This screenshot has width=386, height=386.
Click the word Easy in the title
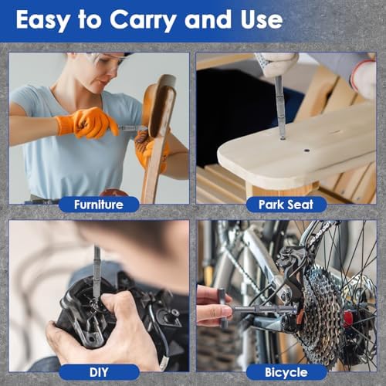tap(43, 21)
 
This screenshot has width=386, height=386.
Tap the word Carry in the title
tap(144, 21)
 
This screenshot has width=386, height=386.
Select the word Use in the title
tap(262, 19)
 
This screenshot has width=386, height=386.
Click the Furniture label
tap(99, 205)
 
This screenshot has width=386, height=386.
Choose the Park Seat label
tap(286, 205)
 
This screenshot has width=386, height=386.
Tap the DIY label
tap(99, 372)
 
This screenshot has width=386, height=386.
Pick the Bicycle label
tap(286, 372)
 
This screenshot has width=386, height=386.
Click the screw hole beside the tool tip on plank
tap(306, 150)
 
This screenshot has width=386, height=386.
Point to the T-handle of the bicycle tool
tap(222, 308)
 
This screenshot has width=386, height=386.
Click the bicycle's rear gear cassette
tap(322, 311)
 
